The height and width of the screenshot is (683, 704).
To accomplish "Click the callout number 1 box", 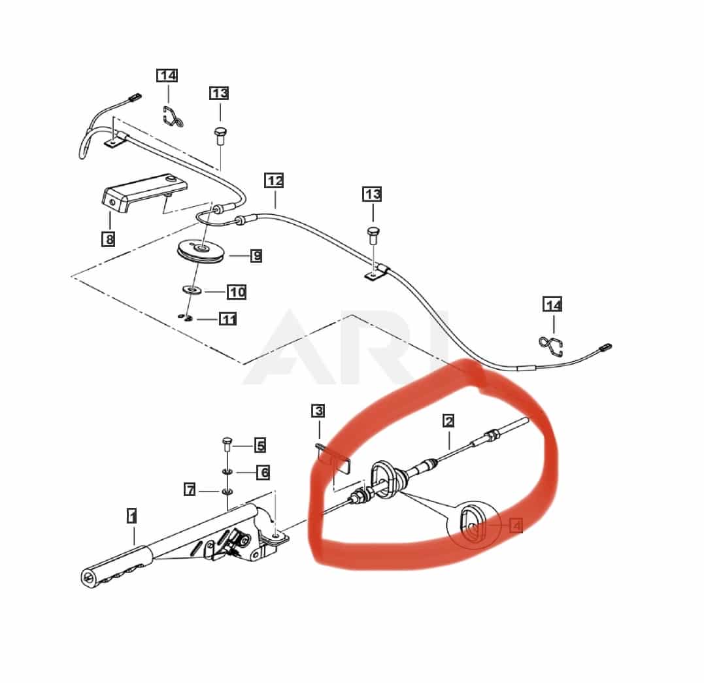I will tap(132, 516).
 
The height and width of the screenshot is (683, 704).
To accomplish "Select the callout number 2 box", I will tap(448, 421).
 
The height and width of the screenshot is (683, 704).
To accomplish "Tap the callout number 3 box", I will tap(318, 411).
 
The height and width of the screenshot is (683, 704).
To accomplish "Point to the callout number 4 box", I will tap(516, 525).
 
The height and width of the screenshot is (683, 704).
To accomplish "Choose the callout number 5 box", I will tap(260, 446).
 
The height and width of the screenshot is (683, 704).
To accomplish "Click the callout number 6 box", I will tap(263, 472).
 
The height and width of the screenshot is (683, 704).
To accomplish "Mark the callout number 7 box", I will tap(190, 489).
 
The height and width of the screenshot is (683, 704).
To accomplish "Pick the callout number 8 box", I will tap(109, 239).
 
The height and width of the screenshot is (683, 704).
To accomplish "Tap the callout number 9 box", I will tap(256, 256).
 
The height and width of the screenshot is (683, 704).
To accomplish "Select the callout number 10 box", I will tap(237, 292).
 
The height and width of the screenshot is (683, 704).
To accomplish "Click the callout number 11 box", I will tap(227, 320).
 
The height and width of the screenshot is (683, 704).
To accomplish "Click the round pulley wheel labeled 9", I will tap(202, 252).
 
